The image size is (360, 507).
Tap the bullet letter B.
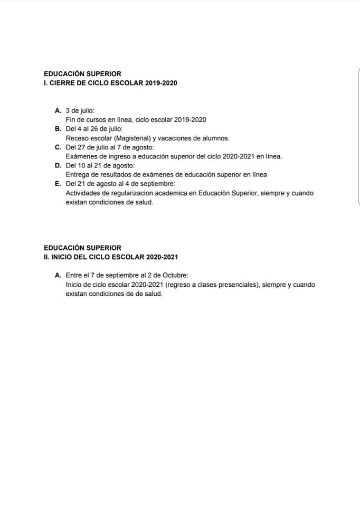click(x=58, y=129)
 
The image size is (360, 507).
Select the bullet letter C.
click(x=58, y=147)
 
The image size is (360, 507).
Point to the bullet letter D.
click(x=58, y=165)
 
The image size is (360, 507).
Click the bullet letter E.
click(x=58, y=184)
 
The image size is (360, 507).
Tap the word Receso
click(x=78, y=138)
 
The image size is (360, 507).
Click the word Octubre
click(x=175, y=275)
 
